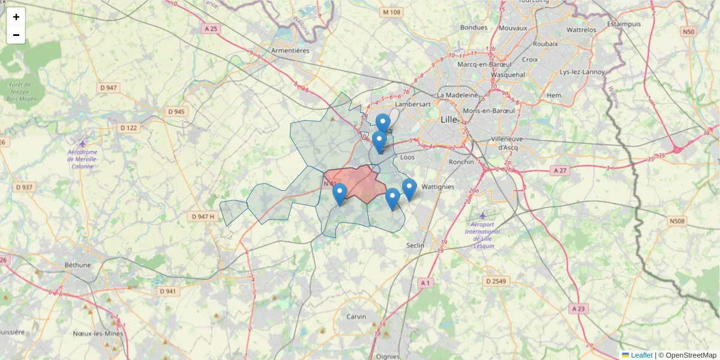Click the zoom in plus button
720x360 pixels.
coord(16,17)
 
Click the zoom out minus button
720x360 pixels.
coord(16,35)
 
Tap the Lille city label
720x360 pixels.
coord(449,119)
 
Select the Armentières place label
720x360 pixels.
coord(290,50)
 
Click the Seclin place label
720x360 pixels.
coord(415,245)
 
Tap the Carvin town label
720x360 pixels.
coord(357,316)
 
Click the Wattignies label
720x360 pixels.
coord(438,187)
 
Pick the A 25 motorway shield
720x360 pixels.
coord(210,28)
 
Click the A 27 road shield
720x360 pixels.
coord(560,170)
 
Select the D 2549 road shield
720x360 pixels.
coord(496,281)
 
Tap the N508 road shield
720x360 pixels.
coord(677,221)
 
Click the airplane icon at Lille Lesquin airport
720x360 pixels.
coord(484,215)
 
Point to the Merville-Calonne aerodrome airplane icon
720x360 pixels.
coord(83,143)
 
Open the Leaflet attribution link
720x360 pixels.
coord(641,355)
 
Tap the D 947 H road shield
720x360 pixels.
coord(202,216)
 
